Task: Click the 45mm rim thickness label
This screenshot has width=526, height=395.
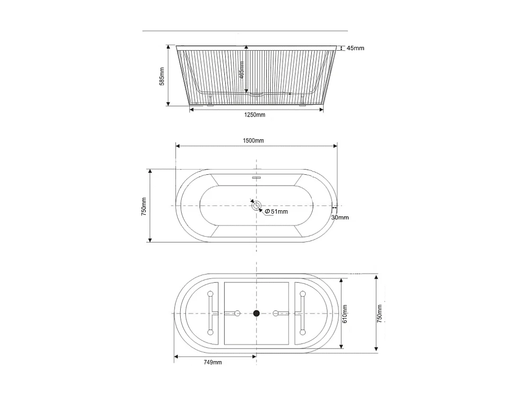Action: [x=355, y=48]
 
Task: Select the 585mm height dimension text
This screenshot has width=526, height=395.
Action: [x=162, y=76]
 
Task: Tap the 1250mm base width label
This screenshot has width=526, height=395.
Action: [x=254, y=115]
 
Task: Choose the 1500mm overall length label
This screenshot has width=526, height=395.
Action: [x=253, y=141]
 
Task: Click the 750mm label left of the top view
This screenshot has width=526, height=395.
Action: [x=144, y=206]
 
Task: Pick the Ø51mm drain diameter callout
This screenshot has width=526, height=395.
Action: [x=276, y=211]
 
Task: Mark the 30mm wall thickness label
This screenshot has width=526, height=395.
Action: [x=340, y=217]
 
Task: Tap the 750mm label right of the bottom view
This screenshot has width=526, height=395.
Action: [x=380, y=314]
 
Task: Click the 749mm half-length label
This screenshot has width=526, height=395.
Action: [x=212, y=362]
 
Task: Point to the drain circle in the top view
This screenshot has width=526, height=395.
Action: [x=256, y=206]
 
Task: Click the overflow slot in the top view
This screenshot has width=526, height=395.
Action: [x=256, y=178]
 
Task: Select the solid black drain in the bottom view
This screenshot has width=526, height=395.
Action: [x=256, y=313]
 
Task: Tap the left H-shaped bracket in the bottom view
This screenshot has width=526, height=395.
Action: [x=211, y=313]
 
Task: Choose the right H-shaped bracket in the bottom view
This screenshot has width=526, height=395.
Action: [x=301, y=313]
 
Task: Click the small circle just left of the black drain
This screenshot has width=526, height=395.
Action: [x=237, y=313]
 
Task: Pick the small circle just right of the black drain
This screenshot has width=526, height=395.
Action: [x=276, y=313]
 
